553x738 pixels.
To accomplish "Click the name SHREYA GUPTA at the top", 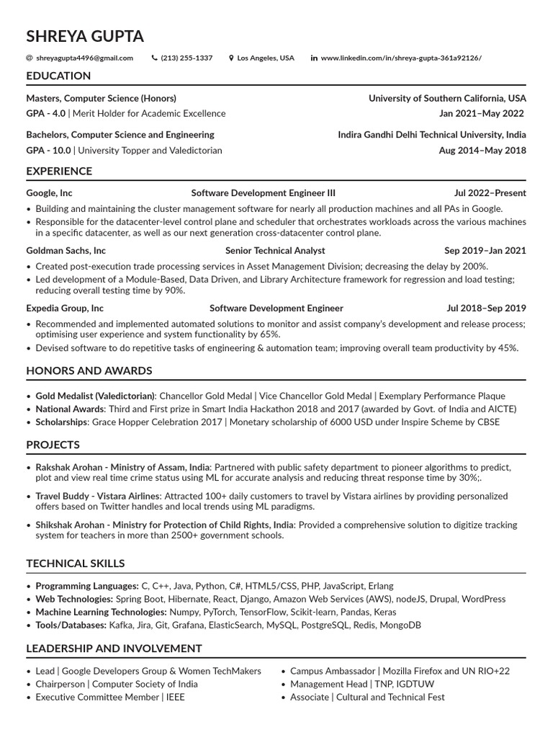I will [x=85, y=36].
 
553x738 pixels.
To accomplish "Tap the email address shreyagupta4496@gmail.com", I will [x=84, y=58].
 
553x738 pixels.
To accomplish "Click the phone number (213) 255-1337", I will [x=186, y=58].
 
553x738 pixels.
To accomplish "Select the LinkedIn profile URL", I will [x=401, y=58].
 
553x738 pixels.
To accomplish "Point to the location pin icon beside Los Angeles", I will [x=231, y=58].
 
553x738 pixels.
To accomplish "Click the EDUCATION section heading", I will [x=58, y=76].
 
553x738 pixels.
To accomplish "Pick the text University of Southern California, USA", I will [x=447, y=98].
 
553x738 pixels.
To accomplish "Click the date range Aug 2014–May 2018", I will [x=482, y=151].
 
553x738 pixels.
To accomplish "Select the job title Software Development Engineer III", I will [x=263, y=193].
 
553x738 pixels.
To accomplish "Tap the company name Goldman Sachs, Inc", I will [x=66, y=251].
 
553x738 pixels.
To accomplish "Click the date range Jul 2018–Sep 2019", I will [x=486, y=308].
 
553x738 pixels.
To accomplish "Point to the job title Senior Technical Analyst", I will [x=275, y=251].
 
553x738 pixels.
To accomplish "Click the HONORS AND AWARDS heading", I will [x=89, y=370].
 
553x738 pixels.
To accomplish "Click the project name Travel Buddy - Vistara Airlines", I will [x=98, y=497].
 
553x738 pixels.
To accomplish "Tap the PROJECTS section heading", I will [x=53, y=445].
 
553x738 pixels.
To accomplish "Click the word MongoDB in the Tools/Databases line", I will [x=398, y=626].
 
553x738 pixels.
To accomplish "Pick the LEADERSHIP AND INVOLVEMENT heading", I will [x=114, y=649].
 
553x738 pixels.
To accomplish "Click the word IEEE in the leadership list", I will [x=175, y=698].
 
